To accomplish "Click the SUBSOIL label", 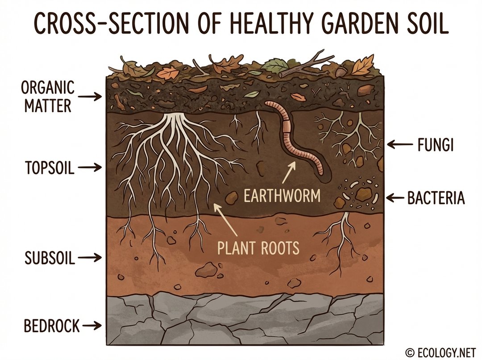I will [x=50, y=258].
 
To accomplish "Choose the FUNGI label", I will [x=436, y=145].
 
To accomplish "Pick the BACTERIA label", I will [x=436, y=198].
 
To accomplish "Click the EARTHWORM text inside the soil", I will [x=282, y=195].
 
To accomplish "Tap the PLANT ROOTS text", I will [x=258, y=247].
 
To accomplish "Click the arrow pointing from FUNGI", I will [x=398, y=144].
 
